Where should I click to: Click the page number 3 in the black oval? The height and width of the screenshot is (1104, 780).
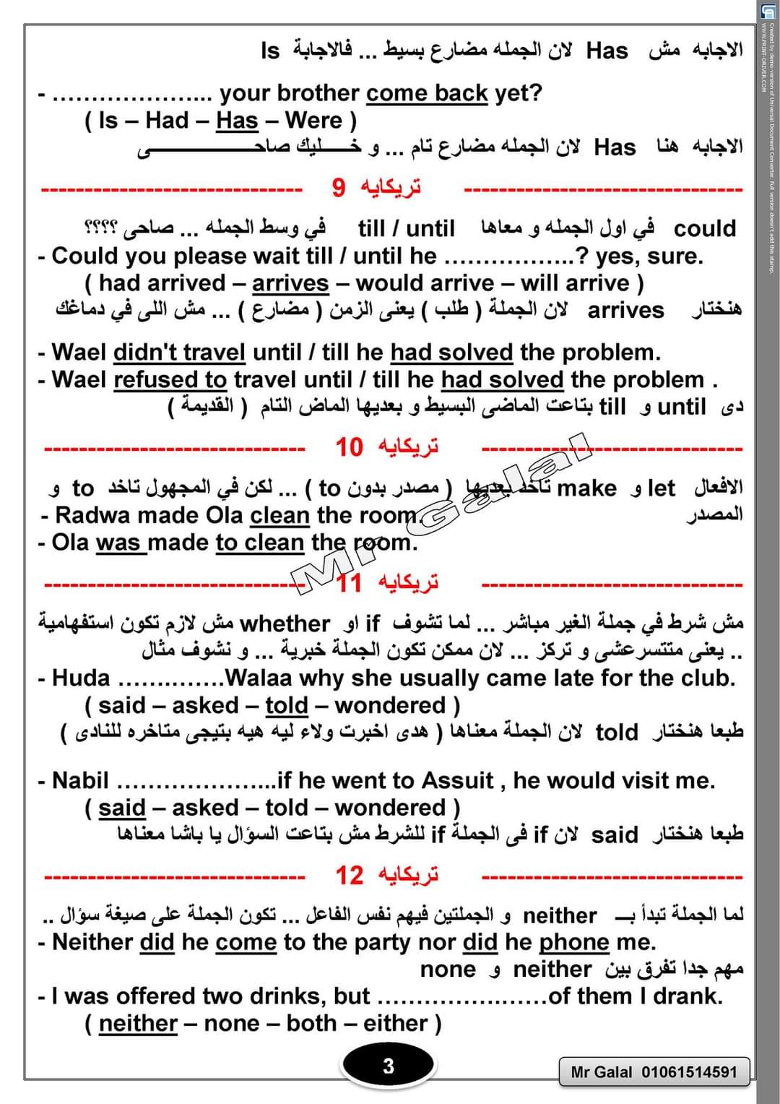388,1066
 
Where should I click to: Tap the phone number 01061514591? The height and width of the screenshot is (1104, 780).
690,1072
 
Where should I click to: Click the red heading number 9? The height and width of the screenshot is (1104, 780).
339,188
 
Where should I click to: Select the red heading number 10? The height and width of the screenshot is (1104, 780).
348,447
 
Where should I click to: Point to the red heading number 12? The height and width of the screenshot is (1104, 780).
349,876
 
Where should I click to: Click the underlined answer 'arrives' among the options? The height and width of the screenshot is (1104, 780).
290,283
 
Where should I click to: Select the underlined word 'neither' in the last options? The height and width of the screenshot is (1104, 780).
138,1023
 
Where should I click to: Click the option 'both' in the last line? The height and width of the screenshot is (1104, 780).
311,1023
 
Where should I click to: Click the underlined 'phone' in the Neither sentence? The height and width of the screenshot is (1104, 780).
574,942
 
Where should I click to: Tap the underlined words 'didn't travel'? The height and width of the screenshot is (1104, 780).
179,353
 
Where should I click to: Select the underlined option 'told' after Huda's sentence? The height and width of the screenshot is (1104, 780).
286,705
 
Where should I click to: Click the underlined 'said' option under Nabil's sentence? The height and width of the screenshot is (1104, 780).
122,808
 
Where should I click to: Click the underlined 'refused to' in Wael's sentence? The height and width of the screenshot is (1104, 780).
170,380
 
